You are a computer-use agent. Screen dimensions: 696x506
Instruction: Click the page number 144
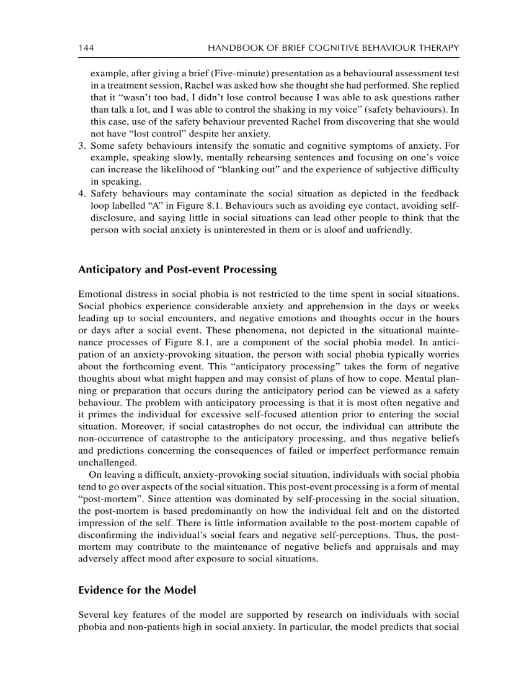tap(86, 48)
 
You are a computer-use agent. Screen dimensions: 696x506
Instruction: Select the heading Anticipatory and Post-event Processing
tap(177, 270)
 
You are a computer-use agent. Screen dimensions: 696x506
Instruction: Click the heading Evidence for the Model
tap(137, 590)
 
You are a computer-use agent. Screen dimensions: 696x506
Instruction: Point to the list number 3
tap(81, 146)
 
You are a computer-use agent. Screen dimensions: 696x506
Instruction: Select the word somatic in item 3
tap(262, 146)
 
